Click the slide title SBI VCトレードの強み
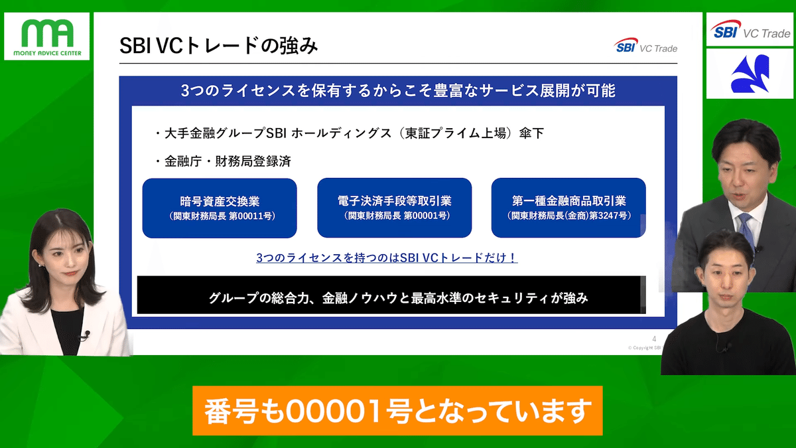[x=219, y=46]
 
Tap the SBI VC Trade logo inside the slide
[x=645, y=48]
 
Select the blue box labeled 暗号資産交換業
[x=219, y=208]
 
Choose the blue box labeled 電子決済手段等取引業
[x=394, y=208]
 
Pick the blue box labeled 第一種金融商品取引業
[x=568, y=208]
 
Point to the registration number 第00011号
[x=251, y=216]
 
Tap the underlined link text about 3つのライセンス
[x=387, y=258]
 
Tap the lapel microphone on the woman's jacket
[x=86, y=334]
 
